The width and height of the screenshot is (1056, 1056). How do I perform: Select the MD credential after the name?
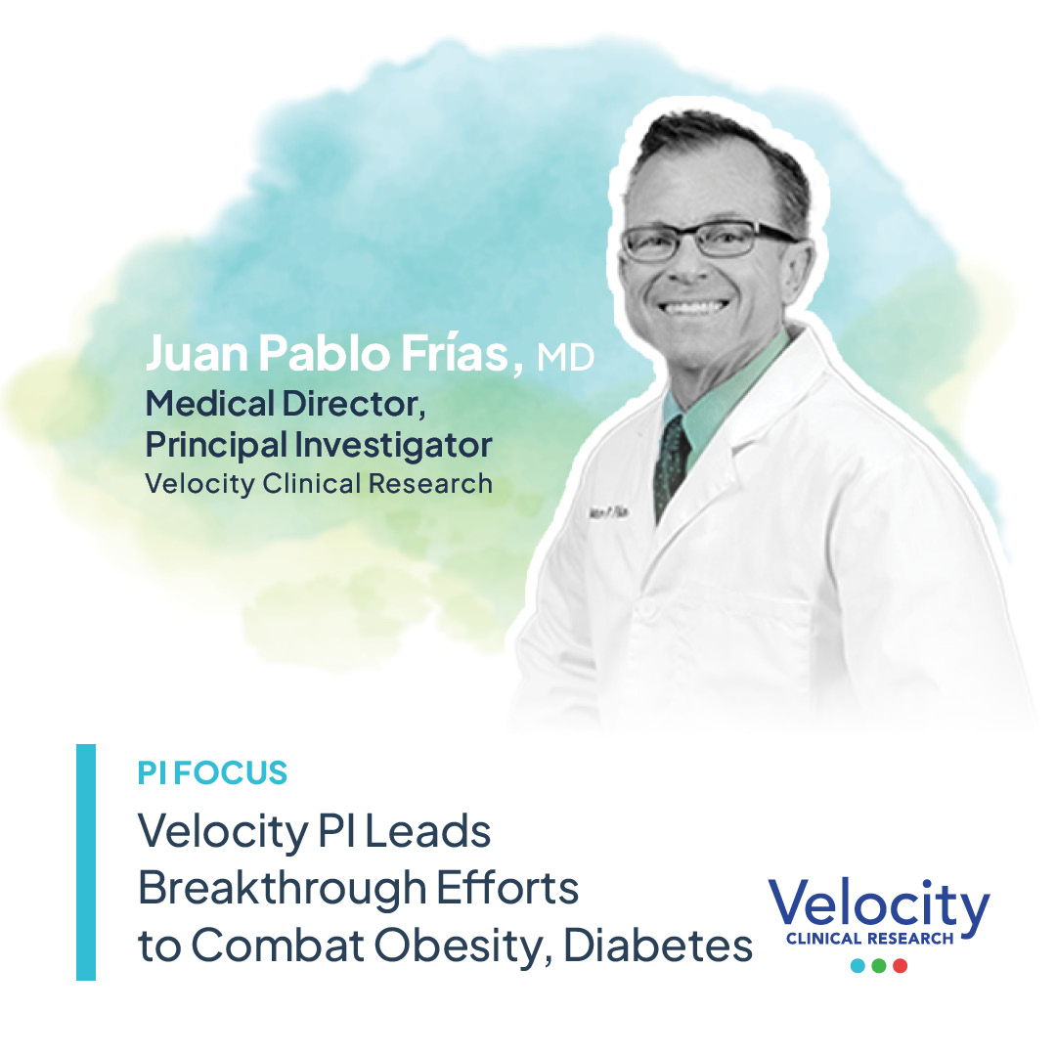565,358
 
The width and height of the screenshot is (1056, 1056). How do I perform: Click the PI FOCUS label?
212,773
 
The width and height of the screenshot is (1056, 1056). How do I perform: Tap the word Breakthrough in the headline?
283,888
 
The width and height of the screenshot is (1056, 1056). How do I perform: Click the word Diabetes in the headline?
658,946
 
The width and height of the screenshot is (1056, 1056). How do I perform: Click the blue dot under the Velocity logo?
858,966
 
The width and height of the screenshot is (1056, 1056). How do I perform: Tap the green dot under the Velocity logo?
878,966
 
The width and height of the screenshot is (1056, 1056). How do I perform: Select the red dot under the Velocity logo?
900,966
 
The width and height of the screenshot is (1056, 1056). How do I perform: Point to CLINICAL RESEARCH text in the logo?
869,939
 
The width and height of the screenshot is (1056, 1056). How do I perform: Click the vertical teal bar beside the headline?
86,862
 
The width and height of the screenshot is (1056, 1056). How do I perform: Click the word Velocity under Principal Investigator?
199,484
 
